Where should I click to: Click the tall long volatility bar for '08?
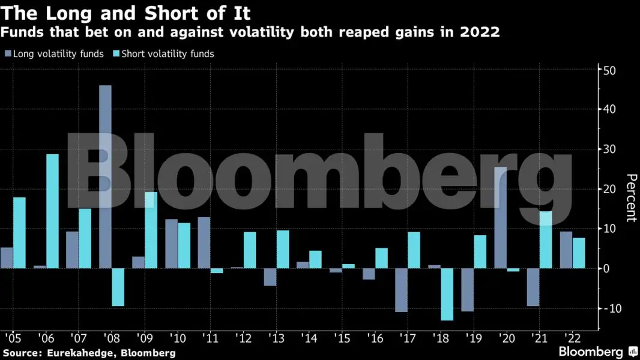105,176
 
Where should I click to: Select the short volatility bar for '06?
52,211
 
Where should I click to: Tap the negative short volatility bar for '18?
447,294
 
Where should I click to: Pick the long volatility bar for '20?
500,217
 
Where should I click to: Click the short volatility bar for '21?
546,240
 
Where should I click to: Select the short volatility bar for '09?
151,230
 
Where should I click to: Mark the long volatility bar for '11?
204,242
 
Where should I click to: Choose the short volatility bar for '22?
579,253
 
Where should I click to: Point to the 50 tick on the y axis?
611,70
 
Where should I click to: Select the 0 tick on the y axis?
607,269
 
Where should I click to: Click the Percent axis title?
630,198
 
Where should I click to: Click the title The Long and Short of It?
125,12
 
